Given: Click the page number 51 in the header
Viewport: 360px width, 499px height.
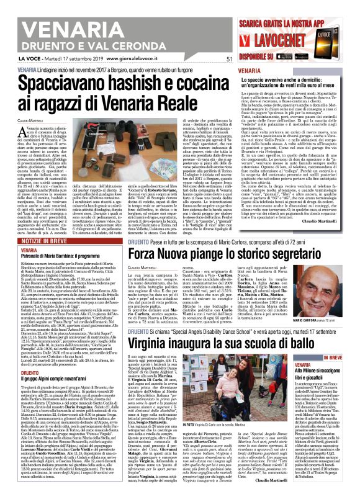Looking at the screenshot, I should (x=229, y=60).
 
